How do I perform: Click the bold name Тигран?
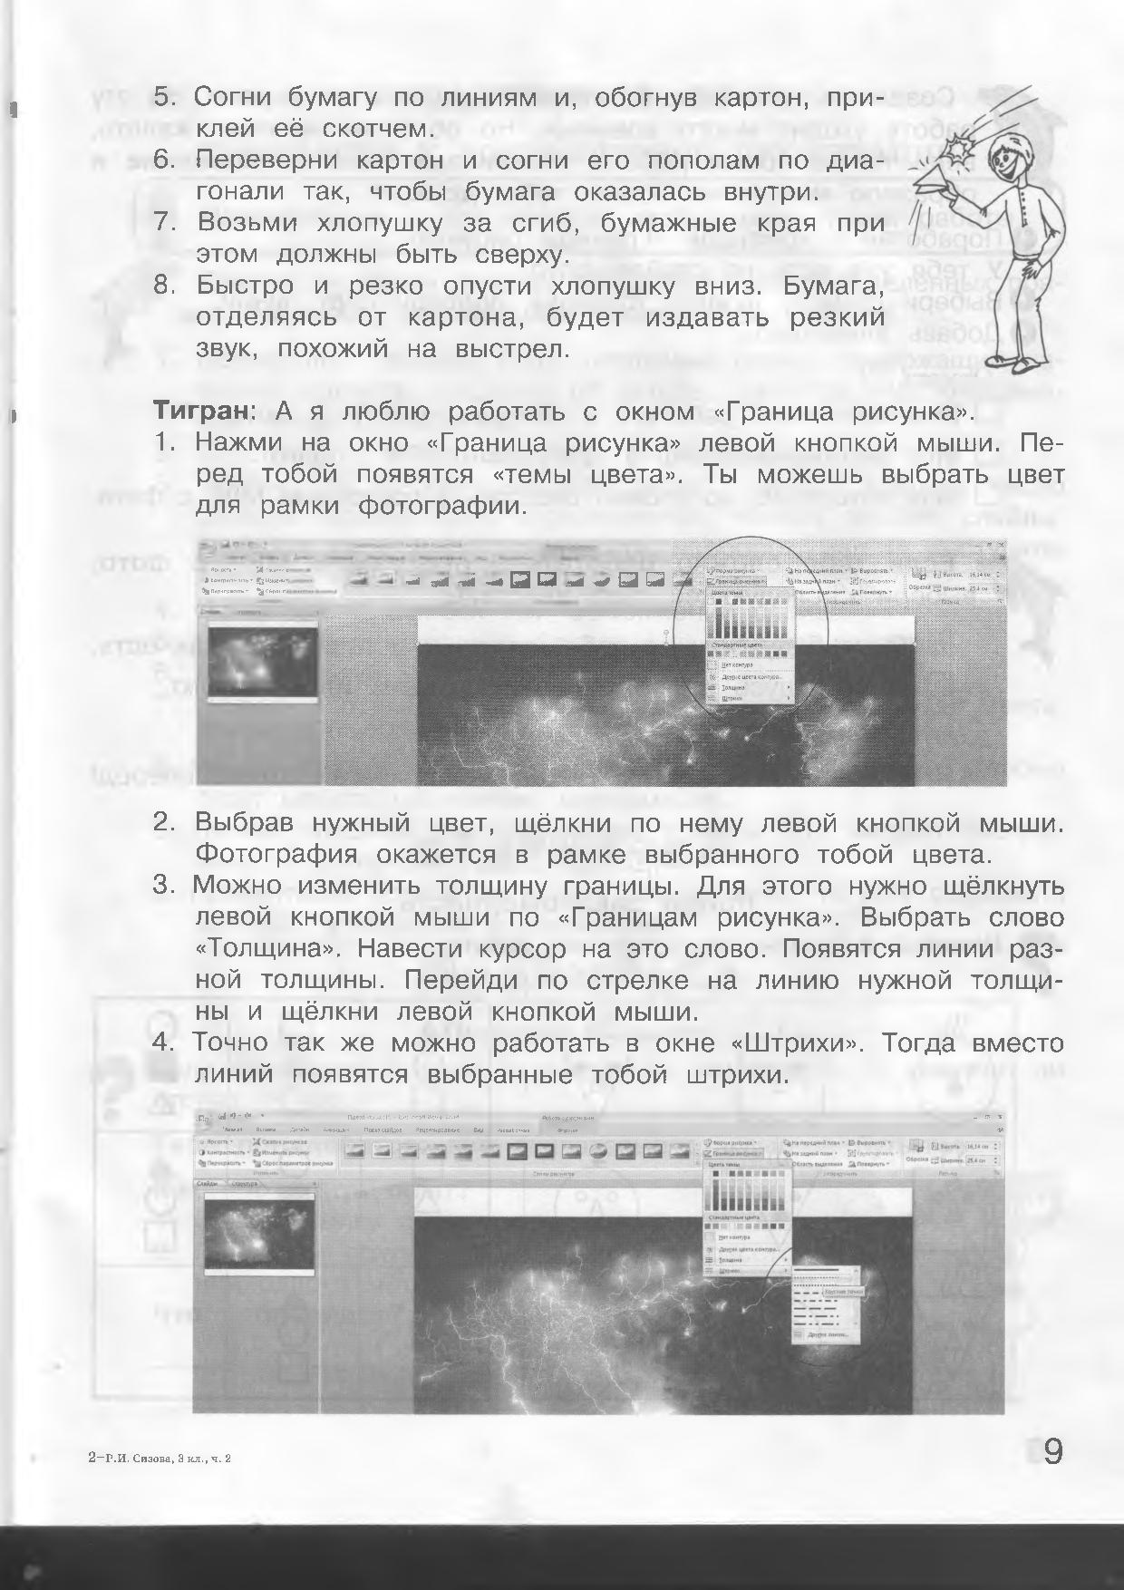point(200,412)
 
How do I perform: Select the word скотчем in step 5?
point(382,129)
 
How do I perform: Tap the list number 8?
point(163,286)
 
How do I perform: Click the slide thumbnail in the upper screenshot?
point(263,663)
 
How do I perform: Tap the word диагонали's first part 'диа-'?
point(848,160)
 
